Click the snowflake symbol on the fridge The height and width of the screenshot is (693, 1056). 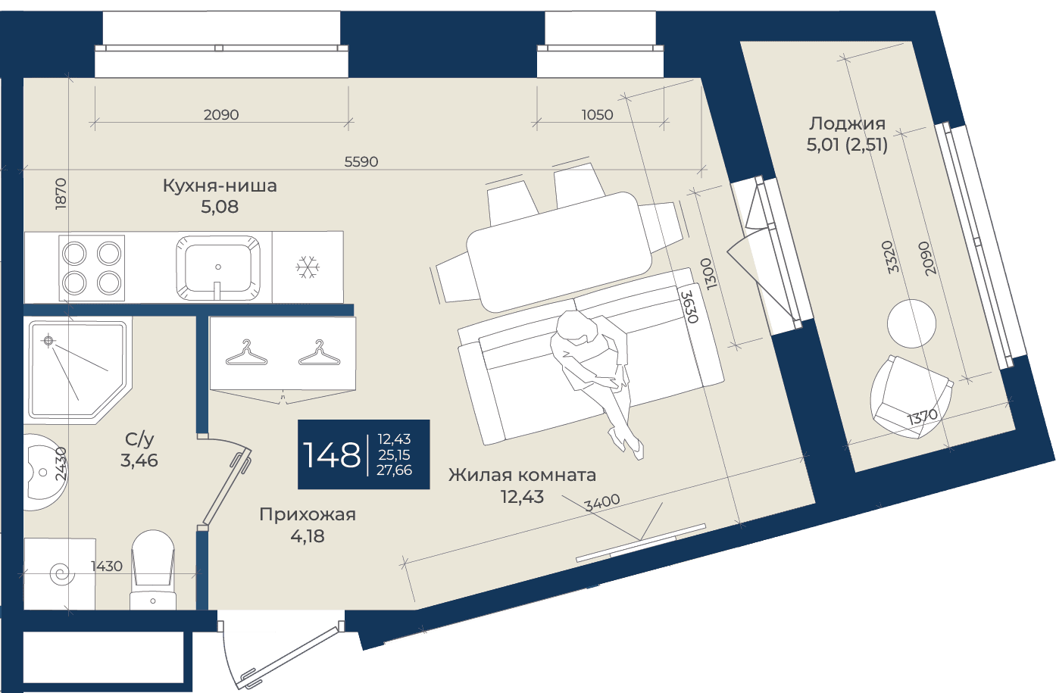point(308,267)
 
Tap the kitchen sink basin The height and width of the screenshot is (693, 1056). point(218,268)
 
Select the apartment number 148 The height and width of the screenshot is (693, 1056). point(331,455)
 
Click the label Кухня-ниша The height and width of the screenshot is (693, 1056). point(220,186)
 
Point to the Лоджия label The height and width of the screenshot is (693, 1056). point(847,123)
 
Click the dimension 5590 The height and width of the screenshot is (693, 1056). point(361,162)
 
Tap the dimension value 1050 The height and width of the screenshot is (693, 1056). point(597,114)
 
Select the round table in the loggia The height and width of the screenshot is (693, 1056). point(911,323)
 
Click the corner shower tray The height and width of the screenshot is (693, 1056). point(78,370)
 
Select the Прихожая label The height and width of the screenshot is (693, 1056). point(308,514)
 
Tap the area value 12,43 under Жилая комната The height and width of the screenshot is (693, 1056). point(523,496)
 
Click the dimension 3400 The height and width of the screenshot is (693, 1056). point(602,502)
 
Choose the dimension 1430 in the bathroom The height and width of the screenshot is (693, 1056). point(107,566)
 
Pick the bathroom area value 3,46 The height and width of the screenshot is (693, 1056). point(139,460)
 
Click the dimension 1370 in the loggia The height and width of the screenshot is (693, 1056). point(923,417)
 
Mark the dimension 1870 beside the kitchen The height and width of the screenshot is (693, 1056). point(61,194)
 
